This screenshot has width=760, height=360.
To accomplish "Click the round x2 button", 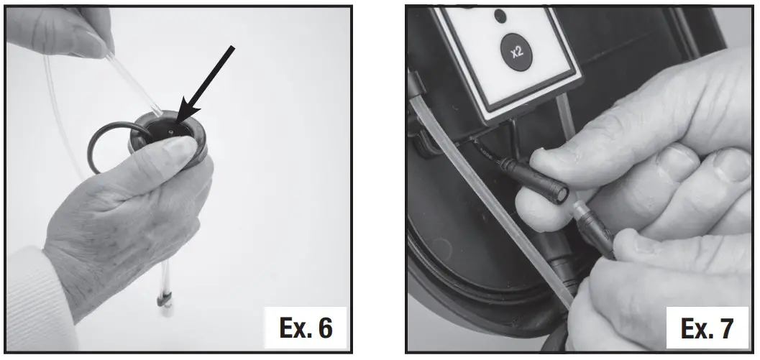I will (515, 52).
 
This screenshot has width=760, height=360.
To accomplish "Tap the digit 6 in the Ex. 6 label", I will (324, 328).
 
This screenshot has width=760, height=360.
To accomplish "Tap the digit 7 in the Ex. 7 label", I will (725, 328).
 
